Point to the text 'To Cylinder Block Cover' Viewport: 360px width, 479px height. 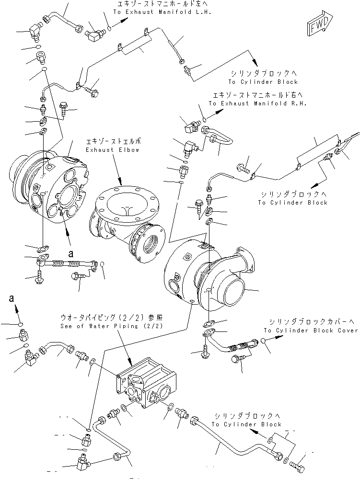click(311, 331)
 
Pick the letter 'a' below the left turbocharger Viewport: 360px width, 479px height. click(71, 251)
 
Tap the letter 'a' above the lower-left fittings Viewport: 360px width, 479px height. click(12, 299)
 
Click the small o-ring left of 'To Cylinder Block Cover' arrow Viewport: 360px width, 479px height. click(263, 341)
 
